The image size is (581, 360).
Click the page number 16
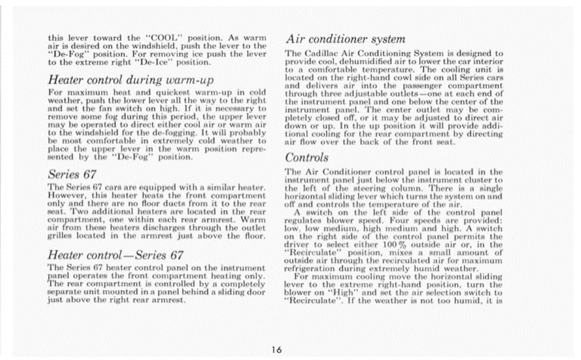277,350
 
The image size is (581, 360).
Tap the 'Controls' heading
307,158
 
